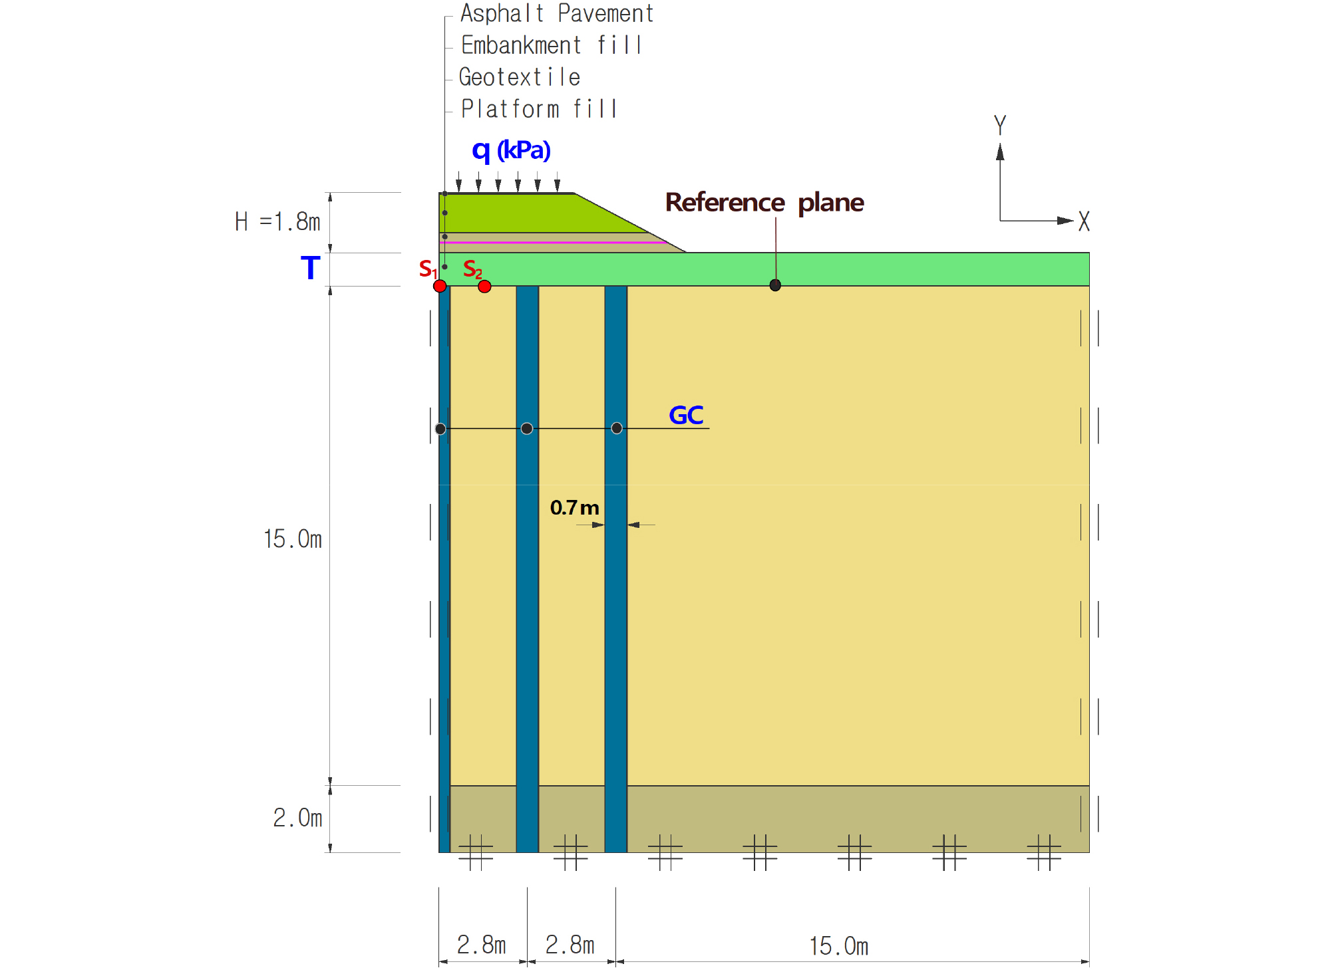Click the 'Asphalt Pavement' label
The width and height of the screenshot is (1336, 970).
557,14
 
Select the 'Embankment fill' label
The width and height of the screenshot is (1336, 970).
552,45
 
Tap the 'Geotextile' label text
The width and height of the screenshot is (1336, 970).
520,77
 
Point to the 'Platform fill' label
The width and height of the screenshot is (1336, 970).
539,108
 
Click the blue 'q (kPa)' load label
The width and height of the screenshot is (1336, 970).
511,151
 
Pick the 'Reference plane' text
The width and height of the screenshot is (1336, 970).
764,202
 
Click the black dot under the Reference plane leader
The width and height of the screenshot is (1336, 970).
775,285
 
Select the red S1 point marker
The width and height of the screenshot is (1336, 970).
440,286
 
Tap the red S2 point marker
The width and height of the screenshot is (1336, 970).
484,287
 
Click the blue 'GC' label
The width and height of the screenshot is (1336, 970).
686,416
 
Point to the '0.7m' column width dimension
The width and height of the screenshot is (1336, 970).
575,508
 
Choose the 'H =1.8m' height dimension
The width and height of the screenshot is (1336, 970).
277,221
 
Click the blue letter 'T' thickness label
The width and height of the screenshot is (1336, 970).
310,268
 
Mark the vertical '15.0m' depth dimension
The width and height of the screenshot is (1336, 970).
292,539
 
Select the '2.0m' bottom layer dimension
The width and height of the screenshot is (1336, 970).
297,818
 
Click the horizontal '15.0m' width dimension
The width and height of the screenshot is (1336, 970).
838,946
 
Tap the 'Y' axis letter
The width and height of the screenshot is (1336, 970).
999,125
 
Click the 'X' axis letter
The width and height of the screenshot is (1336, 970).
1084,221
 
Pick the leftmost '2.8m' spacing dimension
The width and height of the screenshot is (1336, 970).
481,945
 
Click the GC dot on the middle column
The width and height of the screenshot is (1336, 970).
527,429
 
